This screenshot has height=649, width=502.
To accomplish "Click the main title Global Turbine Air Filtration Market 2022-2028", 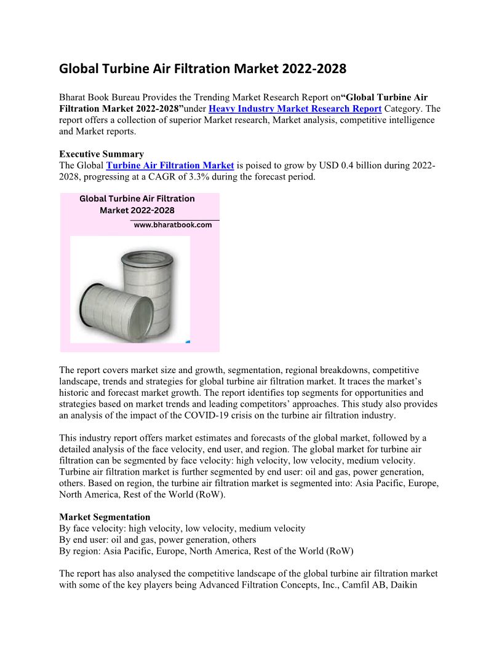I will tap(202, 69).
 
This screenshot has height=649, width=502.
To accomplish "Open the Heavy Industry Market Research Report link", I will tap(295, 109).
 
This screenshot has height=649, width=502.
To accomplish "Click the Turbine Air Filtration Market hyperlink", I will tap(170, 165).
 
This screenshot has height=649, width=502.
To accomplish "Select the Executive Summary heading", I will tap(102, 154).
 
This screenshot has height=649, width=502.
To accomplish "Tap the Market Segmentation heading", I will tap(105, 517).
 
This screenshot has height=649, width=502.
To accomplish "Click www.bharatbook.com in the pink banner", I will tap(173, 225).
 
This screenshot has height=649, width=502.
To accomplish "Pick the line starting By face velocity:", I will tap(182, 529).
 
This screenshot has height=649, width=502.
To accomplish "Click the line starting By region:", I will tap(206, 551).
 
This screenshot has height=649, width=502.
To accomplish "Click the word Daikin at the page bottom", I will tap(403, 585).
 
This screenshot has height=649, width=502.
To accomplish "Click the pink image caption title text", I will tap(137, 205).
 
